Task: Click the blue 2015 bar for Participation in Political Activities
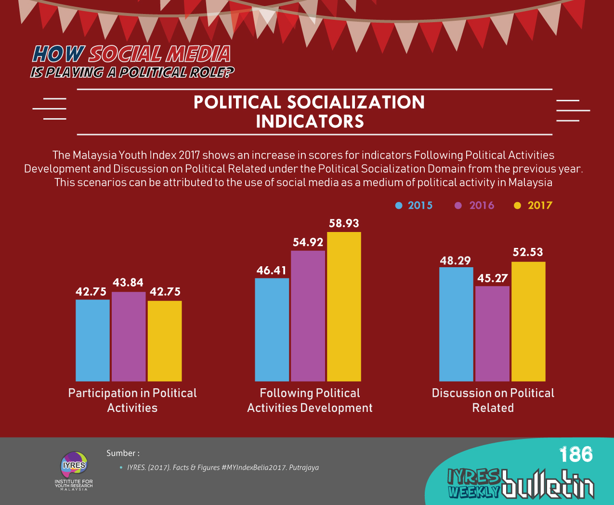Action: pos(92,340)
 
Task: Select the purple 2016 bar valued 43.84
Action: pos(129,336)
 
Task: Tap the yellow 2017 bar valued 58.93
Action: pos(344,306)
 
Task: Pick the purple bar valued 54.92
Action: pos(308,316)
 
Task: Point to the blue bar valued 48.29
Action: pos(456,324)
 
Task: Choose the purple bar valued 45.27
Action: pos(492,333)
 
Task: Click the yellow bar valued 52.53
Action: pos(528,321)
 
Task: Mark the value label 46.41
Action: pos(272,270)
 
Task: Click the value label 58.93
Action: pos(344,223)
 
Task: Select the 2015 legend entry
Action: pos(414,205)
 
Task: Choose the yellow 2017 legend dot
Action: pos(518,205)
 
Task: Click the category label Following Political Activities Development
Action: pos(310,400)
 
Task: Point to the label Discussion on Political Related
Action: pos(493,400)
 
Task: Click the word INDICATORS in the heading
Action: pos(310,122)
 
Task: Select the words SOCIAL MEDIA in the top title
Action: pos(159,55)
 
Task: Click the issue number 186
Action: pos(576,454)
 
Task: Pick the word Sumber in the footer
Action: pos(121,453)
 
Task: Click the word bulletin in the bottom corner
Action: pos(548,484)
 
